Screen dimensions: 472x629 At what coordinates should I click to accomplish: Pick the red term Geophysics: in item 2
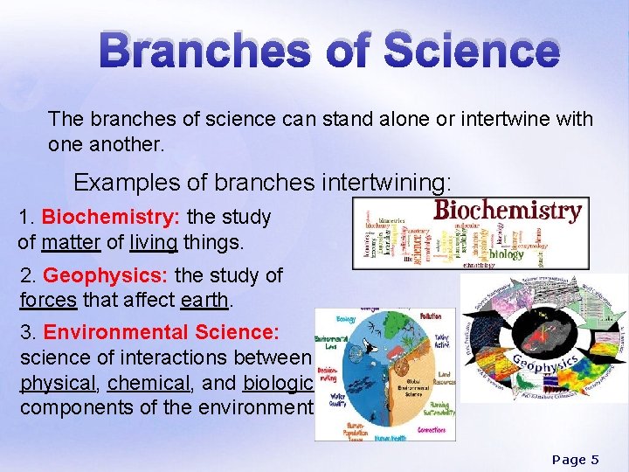click(106, 276)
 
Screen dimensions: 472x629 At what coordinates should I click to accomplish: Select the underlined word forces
click(49, 301)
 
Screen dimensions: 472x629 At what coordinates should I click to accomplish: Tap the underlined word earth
click(205, 301)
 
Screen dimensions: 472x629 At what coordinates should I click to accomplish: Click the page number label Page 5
click(576, 460)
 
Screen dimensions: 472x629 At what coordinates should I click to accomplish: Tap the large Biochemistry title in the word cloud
click(508, 211)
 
